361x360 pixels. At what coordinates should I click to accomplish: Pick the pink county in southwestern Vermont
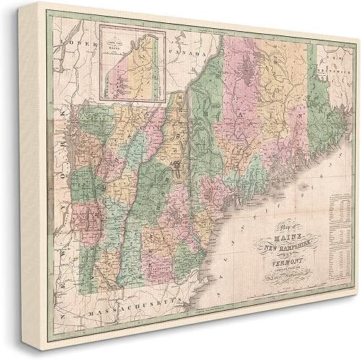point(79,217)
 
